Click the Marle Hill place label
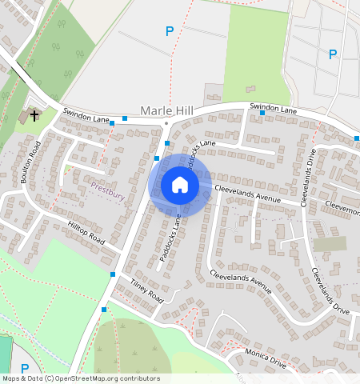point(167,110)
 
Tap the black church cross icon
point(34,116)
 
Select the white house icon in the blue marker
point(180,186)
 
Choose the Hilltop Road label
point(86,234)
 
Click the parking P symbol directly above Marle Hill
point(169,32)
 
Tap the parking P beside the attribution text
point(24,369)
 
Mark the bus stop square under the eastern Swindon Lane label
point(262,113)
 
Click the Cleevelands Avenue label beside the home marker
point(247,193)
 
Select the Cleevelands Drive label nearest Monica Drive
point(330,292)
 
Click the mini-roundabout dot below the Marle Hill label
point(166,124)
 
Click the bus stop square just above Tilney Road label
point(113,274)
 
